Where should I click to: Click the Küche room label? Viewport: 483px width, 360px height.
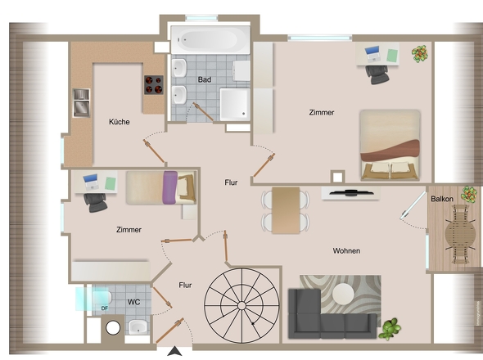point(120,122)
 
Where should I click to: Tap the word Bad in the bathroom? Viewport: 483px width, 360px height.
point(205,79)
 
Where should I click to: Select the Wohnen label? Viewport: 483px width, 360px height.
point(346,250)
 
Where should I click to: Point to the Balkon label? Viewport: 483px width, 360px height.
point(442,199)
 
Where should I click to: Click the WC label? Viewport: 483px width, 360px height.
point(134,302)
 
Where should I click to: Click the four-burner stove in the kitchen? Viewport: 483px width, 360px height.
point(154,85)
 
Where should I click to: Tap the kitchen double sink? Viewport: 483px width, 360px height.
point(81,103)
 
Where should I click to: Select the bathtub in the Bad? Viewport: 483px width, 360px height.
point(210,40)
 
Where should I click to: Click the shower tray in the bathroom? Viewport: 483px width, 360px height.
point(235,105)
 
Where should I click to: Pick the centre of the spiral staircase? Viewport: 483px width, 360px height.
point(241,305)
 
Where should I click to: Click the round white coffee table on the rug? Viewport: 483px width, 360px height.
point(343,294)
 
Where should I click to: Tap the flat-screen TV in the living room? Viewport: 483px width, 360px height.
point(351,193)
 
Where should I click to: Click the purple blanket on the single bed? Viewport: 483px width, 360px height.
point(170,187)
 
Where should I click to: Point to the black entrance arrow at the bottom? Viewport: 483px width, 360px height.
point(174,351)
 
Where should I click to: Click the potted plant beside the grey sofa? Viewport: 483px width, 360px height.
point(390,329)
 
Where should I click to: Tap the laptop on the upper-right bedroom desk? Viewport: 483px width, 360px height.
point(372,53)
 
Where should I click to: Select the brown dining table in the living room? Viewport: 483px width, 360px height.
point(286,210)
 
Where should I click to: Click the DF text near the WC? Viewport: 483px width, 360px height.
point(105,308)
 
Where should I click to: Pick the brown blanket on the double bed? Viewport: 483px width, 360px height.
point(390,151)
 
